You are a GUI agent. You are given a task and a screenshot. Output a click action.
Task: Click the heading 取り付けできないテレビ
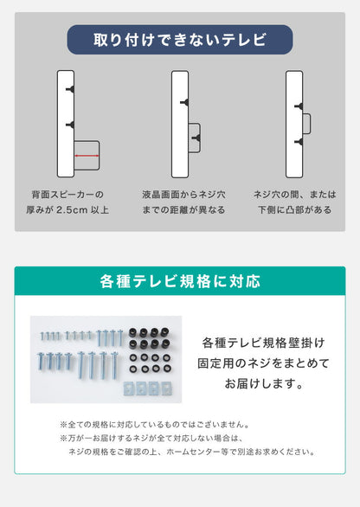[x=180, y=40]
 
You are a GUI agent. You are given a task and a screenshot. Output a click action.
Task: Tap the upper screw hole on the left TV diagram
[x=68, y=89]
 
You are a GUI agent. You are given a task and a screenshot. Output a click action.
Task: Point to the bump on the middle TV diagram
[x=196, y=136]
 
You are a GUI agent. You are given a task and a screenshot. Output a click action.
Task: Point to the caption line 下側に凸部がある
[x=293, y=209]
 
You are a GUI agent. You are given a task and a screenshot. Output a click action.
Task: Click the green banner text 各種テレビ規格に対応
[x=180, y=282]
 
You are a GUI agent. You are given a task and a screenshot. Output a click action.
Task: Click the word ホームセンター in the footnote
[x=227, y=451]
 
